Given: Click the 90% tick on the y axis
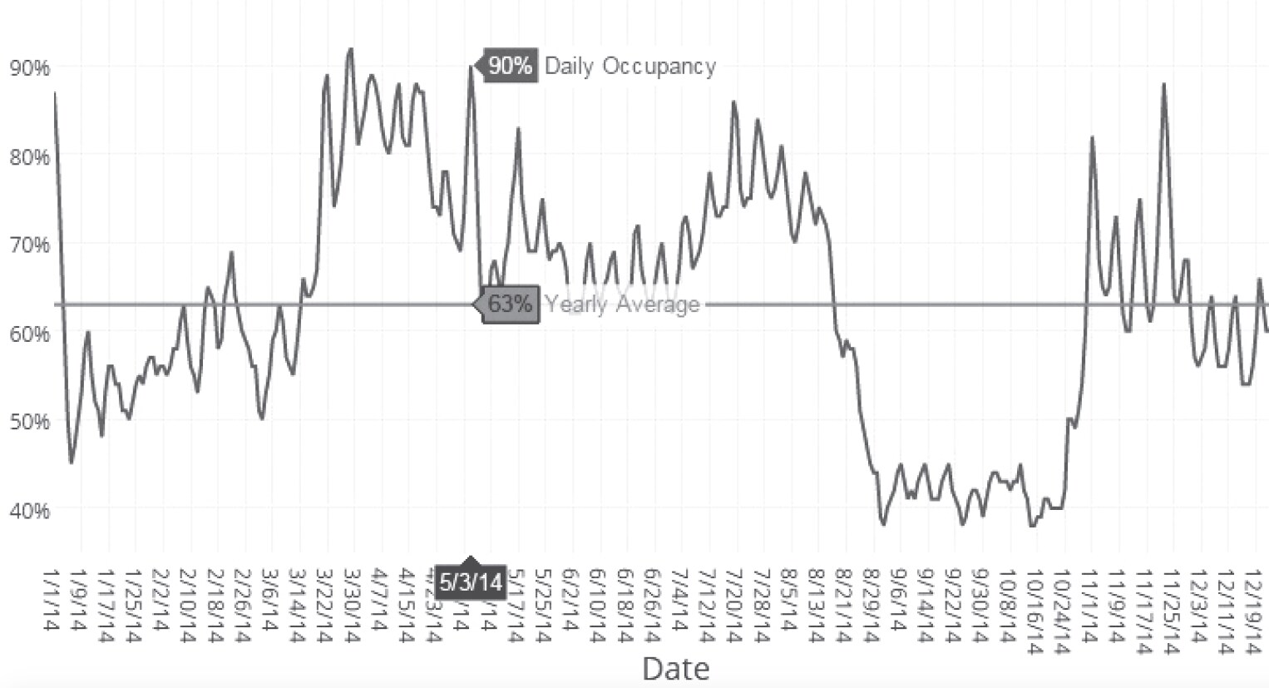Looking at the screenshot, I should [x=29, y=67].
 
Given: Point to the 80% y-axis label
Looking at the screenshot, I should [x=29, y=156].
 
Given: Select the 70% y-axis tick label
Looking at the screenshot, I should [x=29, y=245].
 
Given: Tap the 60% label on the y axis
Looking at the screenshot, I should [x=29, y=334].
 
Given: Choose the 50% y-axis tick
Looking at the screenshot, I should [x=29, y=422].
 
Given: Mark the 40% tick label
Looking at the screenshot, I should [x=29, y=510].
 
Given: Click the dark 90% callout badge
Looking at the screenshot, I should [x=509, y=66].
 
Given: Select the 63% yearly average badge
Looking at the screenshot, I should [x=509, y=304].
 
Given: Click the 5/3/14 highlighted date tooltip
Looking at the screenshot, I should [x=471, y=582].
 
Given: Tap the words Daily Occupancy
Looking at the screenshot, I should [x=630, y=67].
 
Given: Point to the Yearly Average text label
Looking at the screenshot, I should [x=621, y=304].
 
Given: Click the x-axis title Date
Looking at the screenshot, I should [x=675, y=668].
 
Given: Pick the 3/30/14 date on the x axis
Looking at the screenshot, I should [x=352, y=605].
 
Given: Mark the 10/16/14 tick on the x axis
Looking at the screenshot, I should [x=1034, y=609].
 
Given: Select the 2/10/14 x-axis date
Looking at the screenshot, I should [x=188, y=605].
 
